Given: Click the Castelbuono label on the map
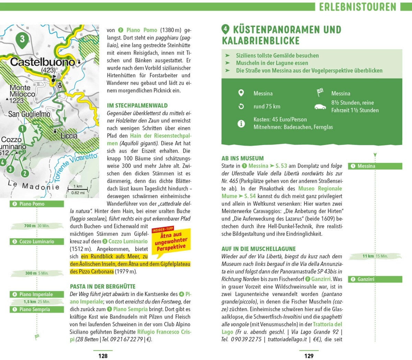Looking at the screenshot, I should coord(43,62).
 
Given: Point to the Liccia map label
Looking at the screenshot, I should coord(69,136).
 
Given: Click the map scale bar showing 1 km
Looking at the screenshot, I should coord(78,189).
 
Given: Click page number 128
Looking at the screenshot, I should coord(103,356).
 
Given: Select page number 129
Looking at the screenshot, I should coord(309,356).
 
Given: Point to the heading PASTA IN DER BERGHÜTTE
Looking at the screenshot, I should coord(103,286).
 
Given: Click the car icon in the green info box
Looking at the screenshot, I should coord(320,107).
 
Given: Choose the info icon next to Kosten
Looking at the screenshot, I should coord(241,123).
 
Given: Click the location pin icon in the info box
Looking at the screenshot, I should coord(241,93).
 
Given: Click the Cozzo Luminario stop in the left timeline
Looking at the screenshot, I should coord(37,241).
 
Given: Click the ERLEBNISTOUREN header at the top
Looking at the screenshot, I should coord(357,7).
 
